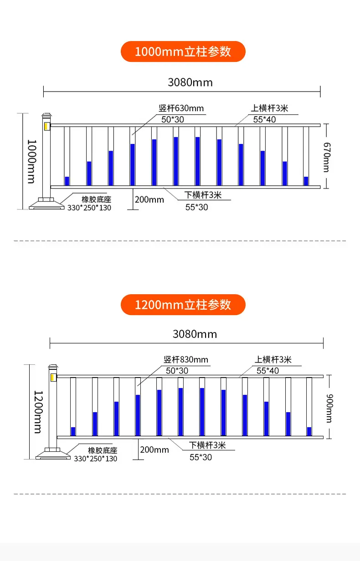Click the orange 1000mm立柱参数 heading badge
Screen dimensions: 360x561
pos(183,51)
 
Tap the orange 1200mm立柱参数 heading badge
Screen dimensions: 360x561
pos(183,305)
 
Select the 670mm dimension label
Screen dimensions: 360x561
pos(327,157)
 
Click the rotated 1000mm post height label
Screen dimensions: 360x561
pos(32,162)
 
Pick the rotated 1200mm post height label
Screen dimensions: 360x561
pos(38,412)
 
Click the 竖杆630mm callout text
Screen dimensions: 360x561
pos(181,108)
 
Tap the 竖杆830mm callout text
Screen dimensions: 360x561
pos(186,360)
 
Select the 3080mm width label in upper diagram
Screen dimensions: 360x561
pos(190,82)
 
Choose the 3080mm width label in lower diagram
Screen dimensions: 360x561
pos(195,334)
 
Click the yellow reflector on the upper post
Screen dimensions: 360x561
pos(46,126)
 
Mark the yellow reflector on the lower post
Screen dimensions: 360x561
pos(53,377)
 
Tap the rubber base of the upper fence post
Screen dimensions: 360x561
pos(46,204)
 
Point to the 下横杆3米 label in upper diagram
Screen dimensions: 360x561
pos(203,195)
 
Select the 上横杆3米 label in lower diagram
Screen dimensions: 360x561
pos(273,360)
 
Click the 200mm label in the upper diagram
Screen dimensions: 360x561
pos(149,199)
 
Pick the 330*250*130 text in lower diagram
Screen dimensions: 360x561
pos(96,459)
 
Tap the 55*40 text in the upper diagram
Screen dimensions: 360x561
pos(264,119)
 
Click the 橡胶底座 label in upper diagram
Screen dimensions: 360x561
pos(96,199)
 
